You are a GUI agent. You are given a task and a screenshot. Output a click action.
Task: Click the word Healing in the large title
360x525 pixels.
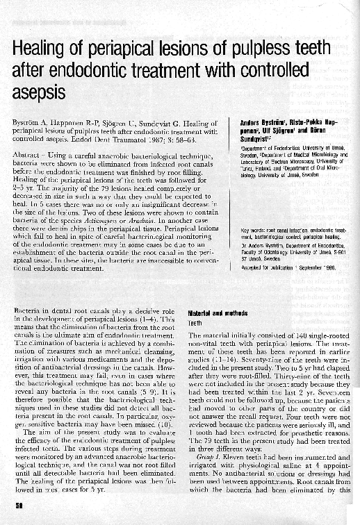pos(42,49)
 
